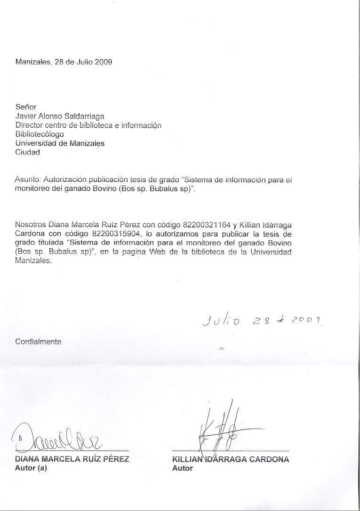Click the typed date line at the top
click(x=64, y=62)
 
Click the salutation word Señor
click(x=26, y=107)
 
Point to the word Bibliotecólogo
click(x=40, y=134)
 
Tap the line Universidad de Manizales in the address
click(x=60, y=143)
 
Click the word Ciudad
click(x=28, y=152)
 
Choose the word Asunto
click(x=28, y=179)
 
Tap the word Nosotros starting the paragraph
click(x=31, y=225)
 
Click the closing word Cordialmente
click(x=38, y=341)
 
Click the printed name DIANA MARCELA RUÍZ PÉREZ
click(x=72, y=459)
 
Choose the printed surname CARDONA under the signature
click(x=269, y=459)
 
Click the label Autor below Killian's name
click(x=183, y=468)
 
